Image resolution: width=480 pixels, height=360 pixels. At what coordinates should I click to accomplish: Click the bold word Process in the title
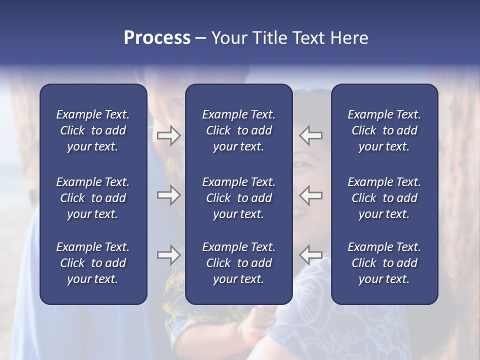[x=157, y=38]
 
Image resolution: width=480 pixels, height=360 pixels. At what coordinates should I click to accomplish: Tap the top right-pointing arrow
[x=168, y=135]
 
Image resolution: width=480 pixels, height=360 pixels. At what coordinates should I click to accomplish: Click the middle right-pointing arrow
[x=168, y=195]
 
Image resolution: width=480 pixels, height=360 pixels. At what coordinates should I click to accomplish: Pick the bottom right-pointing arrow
[x=168, y=255]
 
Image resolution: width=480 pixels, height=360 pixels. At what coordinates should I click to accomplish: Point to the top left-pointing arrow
[x=311, y=135]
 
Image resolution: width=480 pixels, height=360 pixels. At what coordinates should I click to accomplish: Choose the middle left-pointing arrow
[x=311, y=195]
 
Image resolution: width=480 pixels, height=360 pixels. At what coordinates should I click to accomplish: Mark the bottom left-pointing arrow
[x=311, y=255]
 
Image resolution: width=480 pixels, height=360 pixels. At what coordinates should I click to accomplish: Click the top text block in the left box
[x=93, y=130]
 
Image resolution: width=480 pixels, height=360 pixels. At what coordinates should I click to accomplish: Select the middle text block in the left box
[x=93, y=198]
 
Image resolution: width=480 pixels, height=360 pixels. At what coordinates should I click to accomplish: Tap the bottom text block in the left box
[x=93, y=263]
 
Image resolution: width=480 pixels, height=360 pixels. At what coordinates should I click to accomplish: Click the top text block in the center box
[x=238, y=130]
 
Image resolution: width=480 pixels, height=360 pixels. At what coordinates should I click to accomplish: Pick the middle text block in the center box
[x=238, y=198]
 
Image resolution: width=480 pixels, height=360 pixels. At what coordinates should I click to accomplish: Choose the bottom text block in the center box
[x=238, y=263]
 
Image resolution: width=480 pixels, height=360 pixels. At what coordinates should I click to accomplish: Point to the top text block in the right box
[x=384, y=130]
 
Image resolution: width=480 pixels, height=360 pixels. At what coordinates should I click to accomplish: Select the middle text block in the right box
[x=384, y=198]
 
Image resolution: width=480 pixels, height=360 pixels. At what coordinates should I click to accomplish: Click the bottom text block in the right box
[x=384, y=263]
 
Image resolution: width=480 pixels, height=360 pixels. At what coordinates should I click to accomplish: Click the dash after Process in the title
[x=200, y=38]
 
